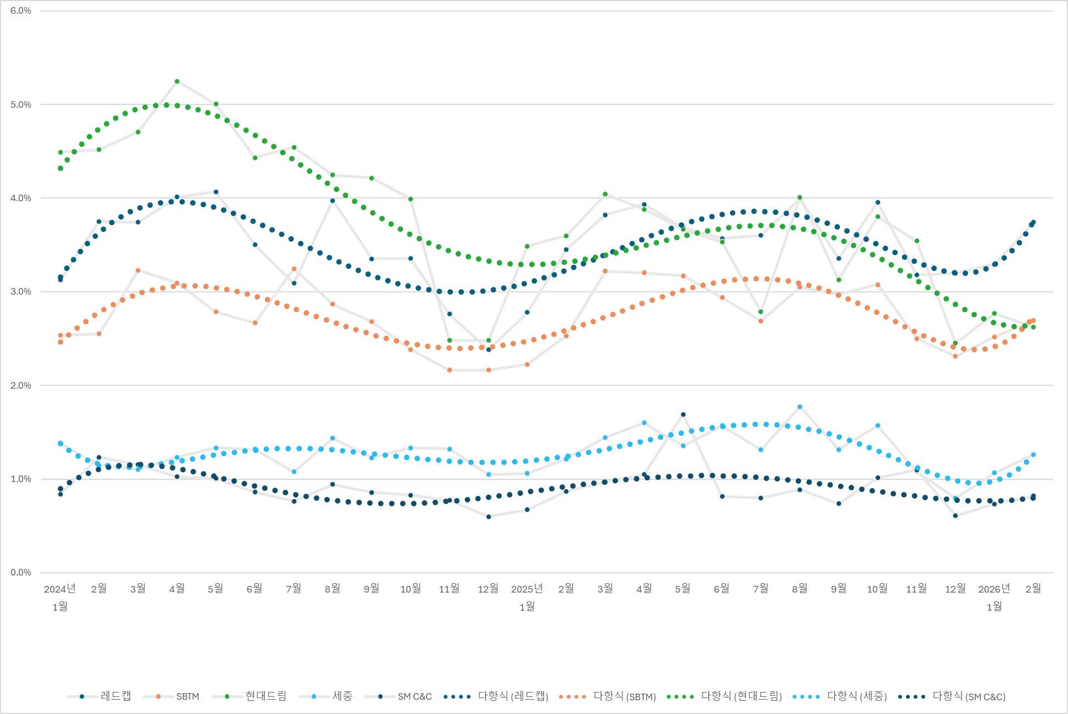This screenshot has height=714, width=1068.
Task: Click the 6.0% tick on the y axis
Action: tap(21, 11)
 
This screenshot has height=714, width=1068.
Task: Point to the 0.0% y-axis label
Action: tap(21, 573)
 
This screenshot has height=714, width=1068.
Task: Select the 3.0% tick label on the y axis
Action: tap(21, 292)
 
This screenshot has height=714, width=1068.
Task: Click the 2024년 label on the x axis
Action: tap(60, 589)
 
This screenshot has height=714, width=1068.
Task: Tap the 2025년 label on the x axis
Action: tap(527, 589)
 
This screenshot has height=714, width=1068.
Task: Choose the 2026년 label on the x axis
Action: tap(994, 589)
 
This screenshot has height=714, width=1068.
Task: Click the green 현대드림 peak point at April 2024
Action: tap(177, 81)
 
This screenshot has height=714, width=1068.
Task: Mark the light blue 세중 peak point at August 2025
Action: tap(800, 407)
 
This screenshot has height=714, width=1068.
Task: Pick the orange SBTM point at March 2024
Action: tap(138, 270)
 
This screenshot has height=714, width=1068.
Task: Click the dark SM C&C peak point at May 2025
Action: tap(683, 414)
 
